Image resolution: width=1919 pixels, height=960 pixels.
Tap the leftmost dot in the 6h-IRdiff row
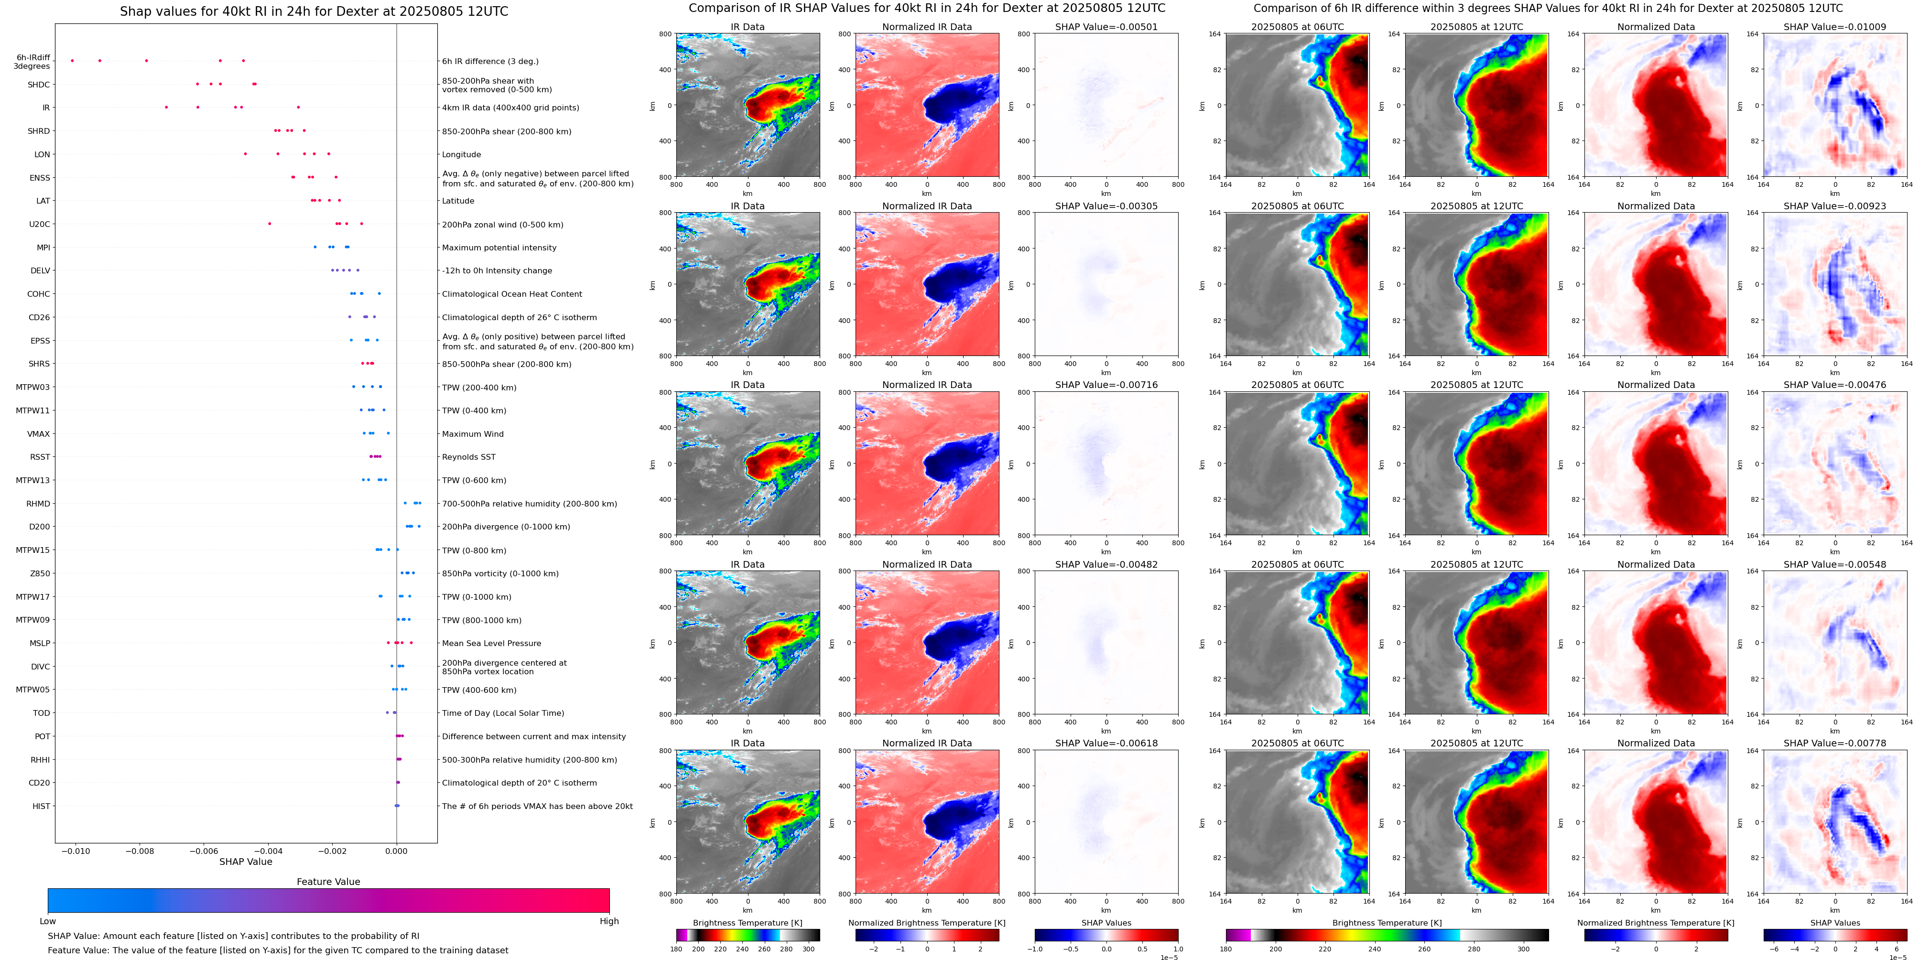(x=72, y=60)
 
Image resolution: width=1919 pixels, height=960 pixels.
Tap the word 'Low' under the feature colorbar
(x=48, y=921)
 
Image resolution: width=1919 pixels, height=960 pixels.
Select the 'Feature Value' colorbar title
(x=328, y=882)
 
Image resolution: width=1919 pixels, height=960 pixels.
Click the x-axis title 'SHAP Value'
(x=245, y=862)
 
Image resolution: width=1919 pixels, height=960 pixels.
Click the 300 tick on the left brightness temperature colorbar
(x=808, y=949)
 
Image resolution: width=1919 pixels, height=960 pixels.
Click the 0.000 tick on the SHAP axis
(x=396, y=851)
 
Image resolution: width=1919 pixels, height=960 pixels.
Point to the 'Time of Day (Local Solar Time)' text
(x=502, y=713)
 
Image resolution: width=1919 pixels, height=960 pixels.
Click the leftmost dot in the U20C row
(x=270, y=224)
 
